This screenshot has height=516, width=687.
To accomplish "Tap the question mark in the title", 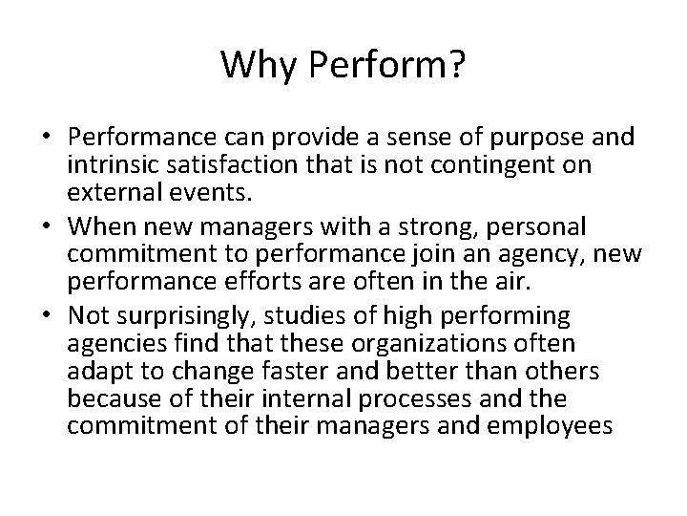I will (457, 65).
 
